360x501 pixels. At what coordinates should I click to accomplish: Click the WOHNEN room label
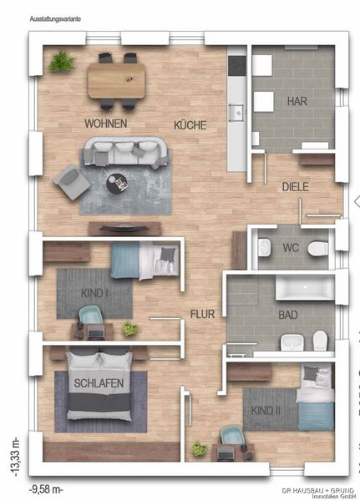click(x=106, y=124)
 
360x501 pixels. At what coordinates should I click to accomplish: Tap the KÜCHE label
click(x=190, y=125)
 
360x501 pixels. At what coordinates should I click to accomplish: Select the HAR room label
click(x=297, y=101)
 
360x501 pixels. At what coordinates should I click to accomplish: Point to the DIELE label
click(x=296, y=187)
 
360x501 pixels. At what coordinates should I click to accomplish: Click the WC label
click(x=291, y=248)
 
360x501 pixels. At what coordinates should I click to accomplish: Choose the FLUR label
click(x=202, y=314)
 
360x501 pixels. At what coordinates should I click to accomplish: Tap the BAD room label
click(x=288, y=315)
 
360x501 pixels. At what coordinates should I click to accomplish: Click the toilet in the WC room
click(x=318, y=249)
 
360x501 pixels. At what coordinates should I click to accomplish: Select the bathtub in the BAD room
click(x=305, y=287)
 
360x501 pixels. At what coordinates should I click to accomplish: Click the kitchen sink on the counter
click(x=237, y=113)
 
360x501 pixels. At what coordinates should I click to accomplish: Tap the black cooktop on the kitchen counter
click(x=237, y=66)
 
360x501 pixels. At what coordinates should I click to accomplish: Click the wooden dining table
click(x=116, y=80)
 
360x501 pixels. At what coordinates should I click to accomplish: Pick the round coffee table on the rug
click(x=117, y=184)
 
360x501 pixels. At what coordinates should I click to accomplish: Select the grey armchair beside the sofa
click(x=72, y=182)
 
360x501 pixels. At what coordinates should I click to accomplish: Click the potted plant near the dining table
click(x=62, y=61)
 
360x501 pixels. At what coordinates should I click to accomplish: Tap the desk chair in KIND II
click(x=233, y=436)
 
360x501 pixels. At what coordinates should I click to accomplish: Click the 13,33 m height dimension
click(x=15, y=458)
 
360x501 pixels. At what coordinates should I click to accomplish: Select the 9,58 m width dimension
click(x=47, y=489)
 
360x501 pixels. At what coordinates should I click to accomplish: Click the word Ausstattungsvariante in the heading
click(x=55, y=19)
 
